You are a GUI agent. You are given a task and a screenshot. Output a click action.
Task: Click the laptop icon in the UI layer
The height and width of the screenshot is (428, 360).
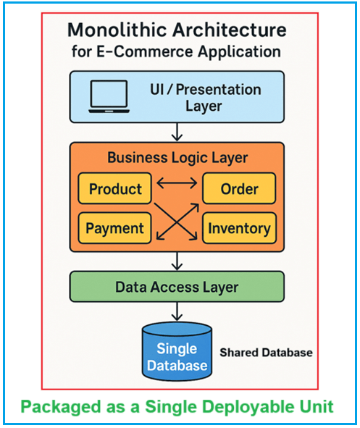[109, 96]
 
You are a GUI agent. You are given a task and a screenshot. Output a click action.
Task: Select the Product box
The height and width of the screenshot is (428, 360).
[115, 188]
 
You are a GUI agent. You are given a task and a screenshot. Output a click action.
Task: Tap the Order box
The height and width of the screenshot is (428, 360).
[239, 188]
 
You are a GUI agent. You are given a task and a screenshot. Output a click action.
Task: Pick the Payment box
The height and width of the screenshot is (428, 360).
[115, 228]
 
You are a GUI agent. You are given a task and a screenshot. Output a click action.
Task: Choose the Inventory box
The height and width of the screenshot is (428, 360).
[239, 228]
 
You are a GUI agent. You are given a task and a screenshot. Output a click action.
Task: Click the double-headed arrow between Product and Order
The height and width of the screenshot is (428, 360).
[177, 183]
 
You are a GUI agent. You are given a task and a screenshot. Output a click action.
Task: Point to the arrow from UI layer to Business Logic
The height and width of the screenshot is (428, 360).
[177, 132]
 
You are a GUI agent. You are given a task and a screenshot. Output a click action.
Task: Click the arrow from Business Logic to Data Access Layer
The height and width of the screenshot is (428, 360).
[177, 261]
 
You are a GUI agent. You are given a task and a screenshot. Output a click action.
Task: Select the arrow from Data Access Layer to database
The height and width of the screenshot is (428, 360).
[177, 311]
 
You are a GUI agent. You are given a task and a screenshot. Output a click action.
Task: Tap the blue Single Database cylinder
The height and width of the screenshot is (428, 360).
[177, 351]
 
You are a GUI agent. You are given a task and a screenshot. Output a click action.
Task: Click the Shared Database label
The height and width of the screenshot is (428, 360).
[266, 353]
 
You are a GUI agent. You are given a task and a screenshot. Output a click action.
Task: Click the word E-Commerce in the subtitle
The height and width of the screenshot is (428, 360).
[145, 51]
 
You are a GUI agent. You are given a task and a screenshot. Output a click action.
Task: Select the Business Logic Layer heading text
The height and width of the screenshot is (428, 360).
[177, 158]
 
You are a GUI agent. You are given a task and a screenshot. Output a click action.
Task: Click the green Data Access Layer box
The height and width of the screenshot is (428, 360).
[177, 287]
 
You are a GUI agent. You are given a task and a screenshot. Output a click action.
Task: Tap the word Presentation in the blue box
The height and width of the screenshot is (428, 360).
[218, 90]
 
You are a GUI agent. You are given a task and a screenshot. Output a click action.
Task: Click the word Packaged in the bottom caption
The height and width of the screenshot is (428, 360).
[61, 407]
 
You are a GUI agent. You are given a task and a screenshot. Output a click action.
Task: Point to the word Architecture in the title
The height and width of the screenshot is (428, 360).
[230, 30]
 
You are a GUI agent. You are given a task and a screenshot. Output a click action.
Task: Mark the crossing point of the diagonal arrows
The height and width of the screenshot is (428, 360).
[177, 222]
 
